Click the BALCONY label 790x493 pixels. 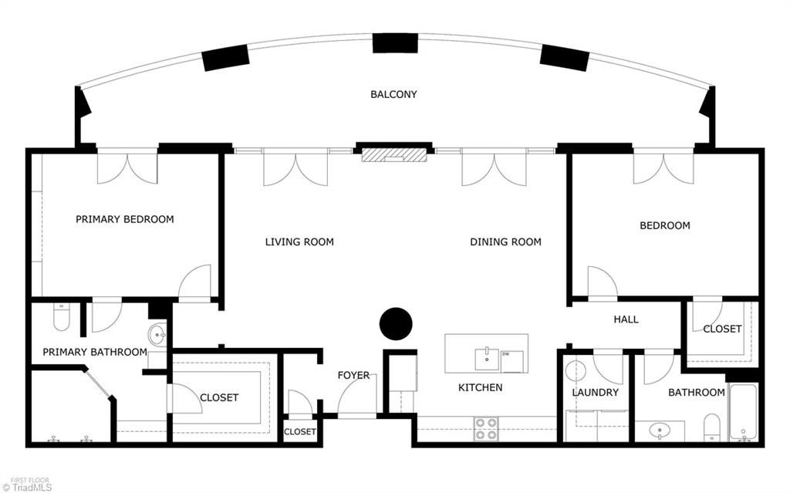pos(393,94)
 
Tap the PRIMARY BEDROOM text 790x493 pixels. pos(124,219)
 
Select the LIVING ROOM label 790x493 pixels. pos(299,242)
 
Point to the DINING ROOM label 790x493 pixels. pos(505,242)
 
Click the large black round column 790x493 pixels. pos(397,323)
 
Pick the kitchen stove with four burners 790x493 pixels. pos(485,429)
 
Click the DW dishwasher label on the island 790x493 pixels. pos(506,354)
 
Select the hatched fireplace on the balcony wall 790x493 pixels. pos(393,154)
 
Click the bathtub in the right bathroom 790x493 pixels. pos(744,413)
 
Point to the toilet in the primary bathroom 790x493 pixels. pos(62,317)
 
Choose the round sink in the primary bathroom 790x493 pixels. pos(157,335)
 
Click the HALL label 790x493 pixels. pos(626,319)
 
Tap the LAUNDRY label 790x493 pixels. pos(595,393)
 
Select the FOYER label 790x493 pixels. pos(353,376)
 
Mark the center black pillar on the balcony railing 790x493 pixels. pos(395,43)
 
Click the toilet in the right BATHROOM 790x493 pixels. pos(711,427)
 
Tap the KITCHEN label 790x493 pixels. pos(480,387)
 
